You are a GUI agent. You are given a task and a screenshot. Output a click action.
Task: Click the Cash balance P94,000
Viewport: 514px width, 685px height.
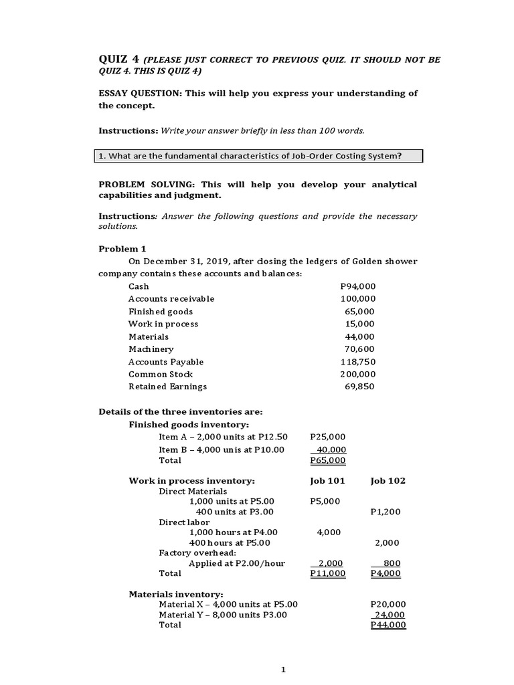tap(358, 286)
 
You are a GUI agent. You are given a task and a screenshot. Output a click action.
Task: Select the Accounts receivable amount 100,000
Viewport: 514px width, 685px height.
tap(358, 299)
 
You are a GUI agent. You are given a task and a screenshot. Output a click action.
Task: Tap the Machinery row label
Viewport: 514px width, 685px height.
tap(151, 349)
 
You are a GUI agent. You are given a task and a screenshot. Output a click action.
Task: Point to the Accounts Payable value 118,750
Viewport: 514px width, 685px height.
tap(358, 362)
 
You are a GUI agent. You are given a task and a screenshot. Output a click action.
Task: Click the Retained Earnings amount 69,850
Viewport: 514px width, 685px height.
tap(359, 387)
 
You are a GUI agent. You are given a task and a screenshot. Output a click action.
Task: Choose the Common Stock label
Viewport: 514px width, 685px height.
tap(161, 375)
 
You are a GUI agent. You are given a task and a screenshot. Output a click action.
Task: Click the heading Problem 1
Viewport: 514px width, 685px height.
tap(122, 249)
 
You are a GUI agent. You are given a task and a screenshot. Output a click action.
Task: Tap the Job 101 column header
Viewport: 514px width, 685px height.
tap(327, 481)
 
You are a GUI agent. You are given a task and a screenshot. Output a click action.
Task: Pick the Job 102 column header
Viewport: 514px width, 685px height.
tap(388, 481)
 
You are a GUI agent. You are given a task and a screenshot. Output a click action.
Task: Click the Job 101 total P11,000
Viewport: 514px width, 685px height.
tap(328, 573)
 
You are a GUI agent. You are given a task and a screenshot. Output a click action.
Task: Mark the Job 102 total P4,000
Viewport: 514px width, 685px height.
tap(385, 573)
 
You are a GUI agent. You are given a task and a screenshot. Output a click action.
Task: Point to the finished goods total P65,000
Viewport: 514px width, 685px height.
tap(328, 460)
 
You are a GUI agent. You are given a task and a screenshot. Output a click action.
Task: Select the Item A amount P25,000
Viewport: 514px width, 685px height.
tap(328, 437)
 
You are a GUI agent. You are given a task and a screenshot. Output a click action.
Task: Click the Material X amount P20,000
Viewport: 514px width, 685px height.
tap(388, 604)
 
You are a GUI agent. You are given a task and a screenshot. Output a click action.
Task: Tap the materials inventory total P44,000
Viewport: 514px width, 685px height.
tap(388, 625)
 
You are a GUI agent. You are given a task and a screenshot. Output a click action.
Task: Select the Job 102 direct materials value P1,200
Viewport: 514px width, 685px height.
tap(385, 512)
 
